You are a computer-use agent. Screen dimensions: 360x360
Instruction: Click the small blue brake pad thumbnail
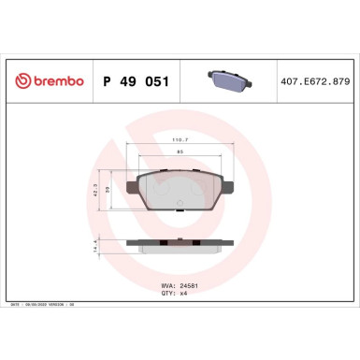[x=225, y=80]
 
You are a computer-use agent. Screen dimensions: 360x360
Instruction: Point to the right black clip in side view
[x=209, y=243]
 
